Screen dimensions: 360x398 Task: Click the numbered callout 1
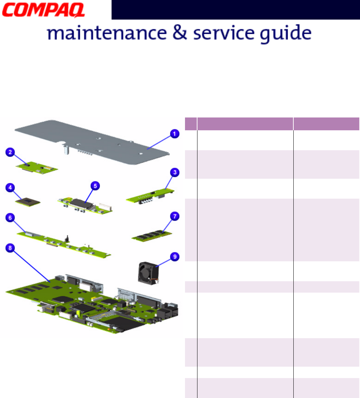pyautogui.click(x=174, y=134)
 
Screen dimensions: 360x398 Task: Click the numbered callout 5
pyautogui.click(x=95, y=185)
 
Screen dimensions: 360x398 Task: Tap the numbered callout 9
pyautogui.click(x=175, y=256)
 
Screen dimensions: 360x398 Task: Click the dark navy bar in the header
pyautogui.click(x=235, y=10)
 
